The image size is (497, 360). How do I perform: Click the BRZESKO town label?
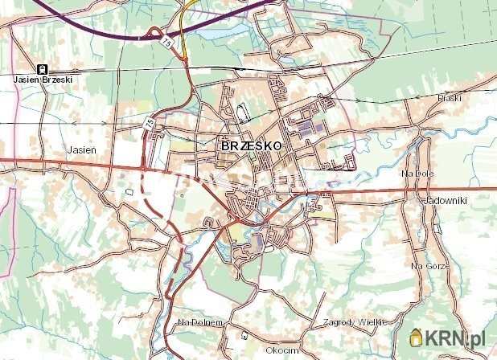tap(250, 146)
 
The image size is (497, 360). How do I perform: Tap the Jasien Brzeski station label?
tap(42, 80)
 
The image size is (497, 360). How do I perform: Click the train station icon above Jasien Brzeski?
tap(42, 69)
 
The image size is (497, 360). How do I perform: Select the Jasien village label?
tap(82, 150)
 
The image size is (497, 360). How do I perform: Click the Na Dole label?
tap(418, 173)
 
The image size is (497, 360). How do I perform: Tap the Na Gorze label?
tap(427, 265)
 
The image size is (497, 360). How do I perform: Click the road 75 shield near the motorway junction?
tap(166, 39)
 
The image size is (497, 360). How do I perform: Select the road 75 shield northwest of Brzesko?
tap(150, 124)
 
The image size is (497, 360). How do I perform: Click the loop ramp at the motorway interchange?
tap(150, 34)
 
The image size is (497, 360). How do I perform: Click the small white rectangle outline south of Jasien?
tap(129, 192)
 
